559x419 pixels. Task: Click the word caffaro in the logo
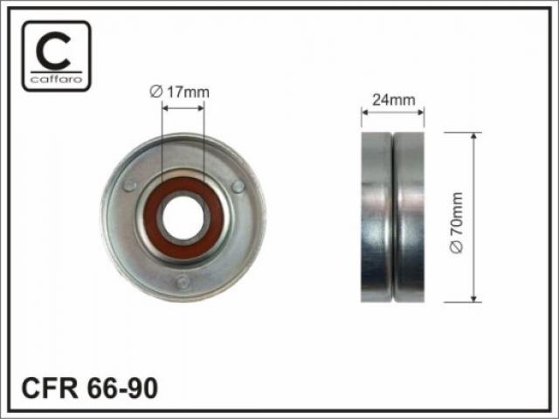56,79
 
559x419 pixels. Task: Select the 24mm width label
394,100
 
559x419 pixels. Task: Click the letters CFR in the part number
49,388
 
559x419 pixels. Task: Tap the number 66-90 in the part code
122,388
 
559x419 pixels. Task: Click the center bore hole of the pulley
183,217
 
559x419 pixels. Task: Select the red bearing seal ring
183,217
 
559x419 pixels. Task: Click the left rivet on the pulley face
129,186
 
